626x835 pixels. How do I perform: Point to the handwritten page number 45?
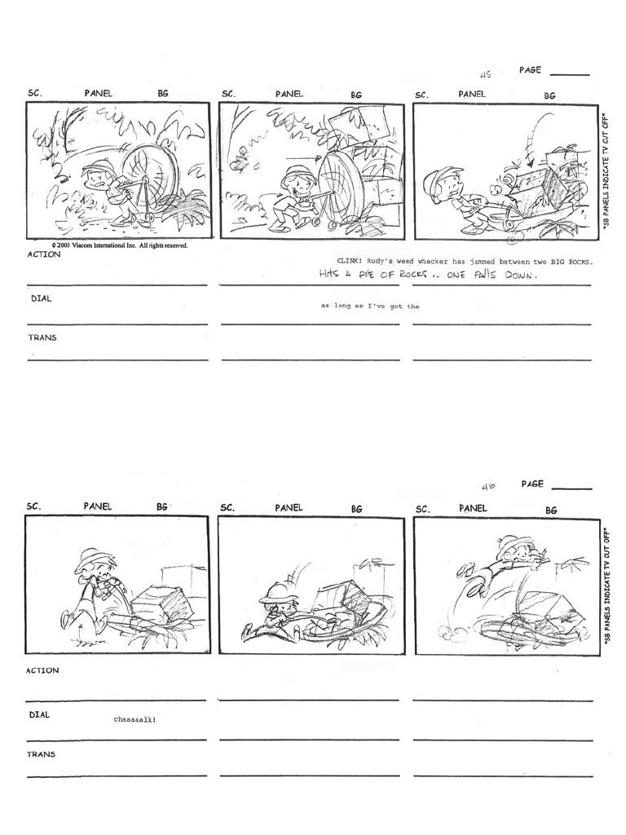pos(486,74)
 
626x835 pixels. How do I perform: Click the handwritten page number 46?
pos(488,487)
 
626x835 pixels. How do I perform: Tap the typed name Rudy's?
pos(381,262)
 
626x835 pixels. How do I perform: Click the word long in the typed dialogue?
pos(342,307)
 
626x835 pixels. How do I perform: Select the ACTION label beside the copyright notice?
pos(43,254)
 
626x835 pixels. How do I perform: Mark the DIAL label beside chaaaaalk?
pos(40,715)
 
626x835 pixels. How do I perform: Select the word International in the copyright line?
pos(120,245)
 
